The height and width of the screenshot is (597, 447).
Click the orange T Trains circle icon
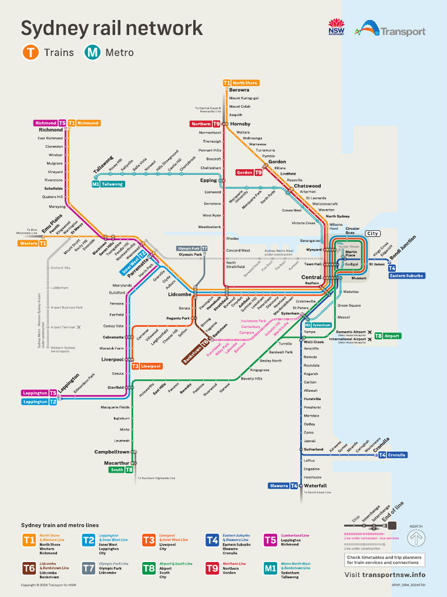[x=30, y=52]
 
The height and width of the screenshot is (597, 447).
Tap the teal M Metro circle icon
[x=92, y=52]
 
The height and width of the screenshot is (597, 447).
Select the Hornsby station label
[x=240, y=124]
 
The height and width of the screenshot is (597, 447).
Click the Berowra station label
[x=239, y=90]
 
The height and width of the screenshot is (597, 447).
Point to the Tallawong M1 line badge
[x=108, y=184]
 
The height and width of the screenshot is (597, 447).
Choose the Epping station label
[x=208, y=180]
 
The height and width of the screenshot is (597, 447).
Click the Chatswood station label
[x=307, y=186]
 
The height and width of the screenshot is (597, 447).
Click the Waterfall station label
[x=315, y=485]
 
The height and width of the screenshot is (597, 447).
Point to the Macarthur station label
[x=116, y=463]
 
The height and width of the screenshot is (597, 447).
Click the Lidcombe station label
[x=179, y=294]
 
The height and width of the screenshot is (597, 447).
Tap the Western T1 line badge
[x=33, y=243]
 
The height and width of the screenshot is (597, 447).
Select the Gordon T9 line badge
[x=249, y=173]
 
